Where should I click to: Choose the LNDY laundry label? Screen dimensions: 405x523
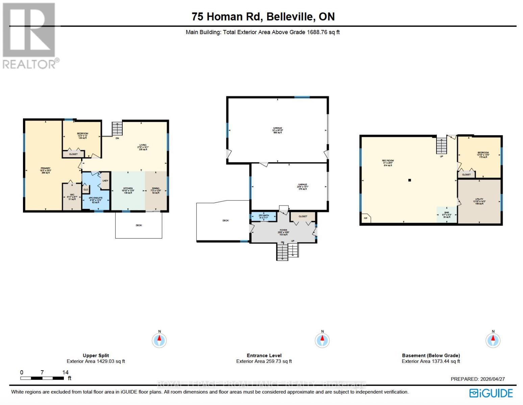pyautogui.click(x=105, y=181)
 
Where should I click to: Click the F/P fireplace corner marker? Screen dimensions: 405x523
pyautogui.click(x=365, y=218)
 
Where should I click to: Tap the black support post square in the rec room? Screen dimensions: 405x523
pyautogui.click(x=409, y=180)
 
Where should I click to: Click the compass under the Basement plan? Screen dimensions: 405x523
pyautogui.click(x=493, y=340)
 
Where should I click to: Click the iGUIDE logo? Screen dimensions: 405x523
pyautogui.click(x=491, y=393)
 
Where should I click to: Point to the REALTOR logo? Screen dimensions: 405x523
pyautogui.click(x=30, y=35)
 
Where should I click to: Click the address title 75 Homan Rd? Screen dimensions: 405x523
pyautogui.click(x=263, y=17)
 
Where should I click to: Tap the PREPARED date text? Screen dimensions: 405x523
pyautogui.click(x=477, y=379)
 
